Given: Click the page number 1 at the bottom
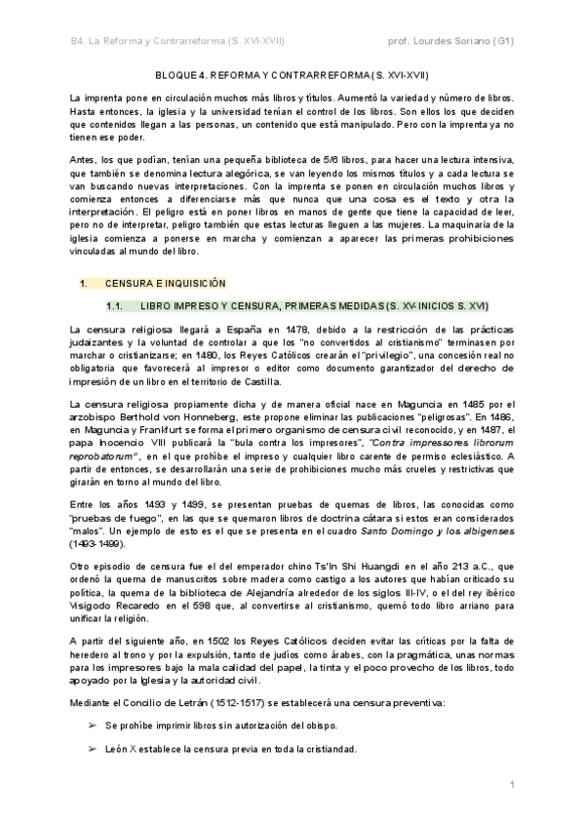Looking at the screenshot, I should point(512,785).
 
